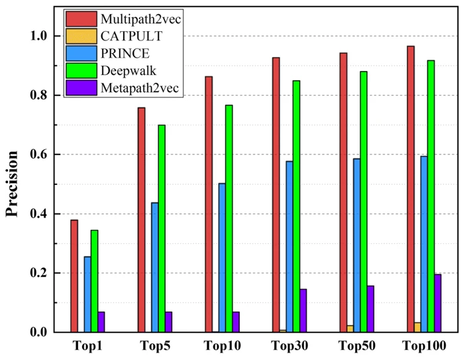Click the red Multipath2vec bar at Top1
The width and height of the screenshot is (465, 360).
pyautogui.click(x=74, y=276)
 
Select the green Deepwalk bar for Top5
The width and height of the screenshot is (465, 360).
pyautogui.click(x=162, y=228)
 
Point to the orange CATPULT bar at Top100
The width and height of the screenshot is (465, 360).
pyautogui.click(x=417, y=327)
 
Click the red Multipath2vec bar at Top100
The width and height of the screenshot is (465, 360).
pyautogui.click(x=410, y=189)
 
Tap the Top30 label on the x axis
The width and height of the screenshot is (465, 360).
pyautogui.click(x=289, y=345)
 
